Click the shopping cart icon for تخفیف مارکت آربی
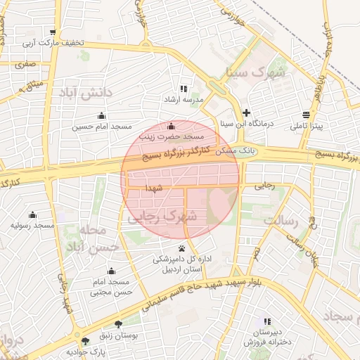point(53,32)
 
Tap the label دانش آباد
point(86,93)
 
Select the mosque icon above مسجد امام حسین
point(102,116)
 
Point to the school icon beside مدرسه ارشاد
point(184,89)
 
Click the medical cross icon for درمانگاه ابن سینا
point(246,112)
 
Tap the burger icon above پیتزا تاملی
point(306,115)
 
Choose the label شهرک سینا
point(255,72)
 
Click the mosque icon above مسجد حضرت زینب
point(171,126)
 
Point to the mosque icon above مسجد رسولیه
point(32,215)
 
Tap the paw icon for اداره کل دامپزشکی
point(182,248)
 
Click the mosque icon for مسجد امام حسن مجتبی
point(111,271)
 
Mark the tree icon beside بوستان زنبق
point(117,325)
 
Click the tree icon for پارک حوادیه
point(86,340)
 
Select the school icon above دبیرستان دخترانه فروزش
point(266,321)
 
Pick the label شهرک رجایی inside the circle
point(162,219)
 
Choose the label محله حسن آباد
point(87,239)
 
